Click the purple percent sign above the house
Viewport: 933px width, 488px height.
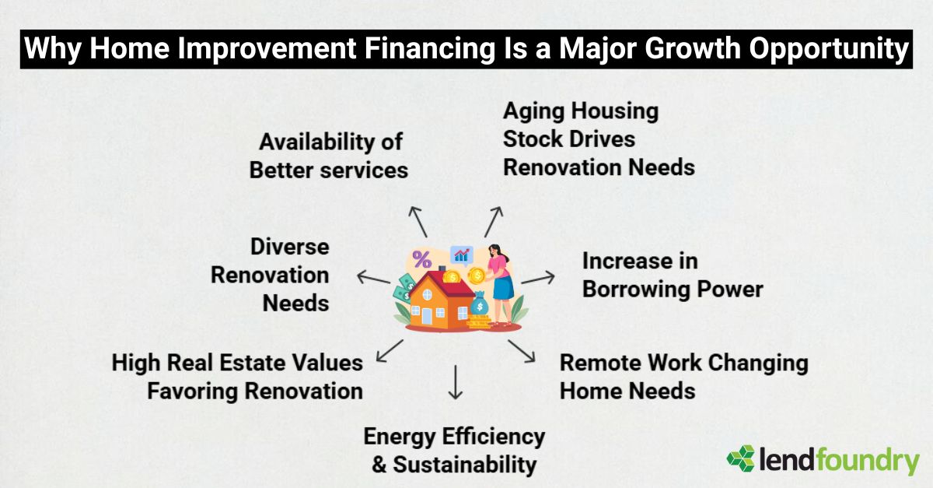[x=422, y=259]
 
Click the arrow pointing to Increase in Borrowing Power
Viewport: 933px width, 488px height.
[x=538, y=278]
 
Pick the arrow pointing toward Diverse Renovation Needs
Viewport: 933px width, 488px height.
[x=373, y=278]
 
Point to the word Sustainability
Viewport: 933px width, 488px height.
[x=465, y=465]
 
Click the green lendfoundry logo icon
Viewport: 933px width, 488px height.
[x=740, y=459]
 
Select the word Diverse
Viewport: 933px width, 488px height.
[x=289, y=247]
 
